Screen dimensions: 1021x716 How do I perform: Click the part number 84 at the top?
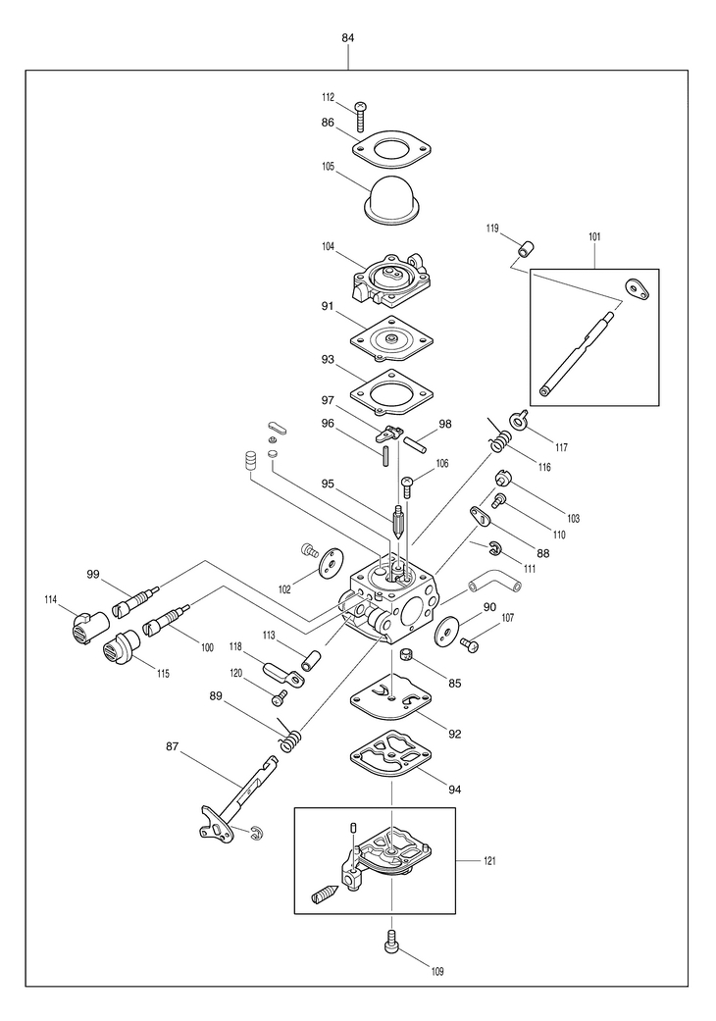[x=348, y=37]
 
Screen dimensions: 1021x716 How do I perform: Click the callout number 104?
[x=329, y=247]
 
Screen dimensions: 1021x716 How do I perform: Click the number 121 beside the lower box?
[x=489, y=861]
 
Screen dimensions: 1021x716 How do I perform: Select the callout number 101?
[x=594, y=236]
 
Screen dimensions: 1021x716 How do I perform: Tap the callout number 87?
[x=172, y=746]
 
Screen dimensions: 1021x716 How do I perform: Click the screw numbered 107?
[x=470, y=645]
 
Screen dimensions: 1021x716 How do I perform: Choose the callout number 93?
[x=328, y=359]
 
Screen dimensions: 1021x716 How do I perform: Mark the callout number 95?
[x=328, y=484]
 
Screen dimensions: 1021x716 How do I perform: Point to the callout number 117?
[x=561, y=447]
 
